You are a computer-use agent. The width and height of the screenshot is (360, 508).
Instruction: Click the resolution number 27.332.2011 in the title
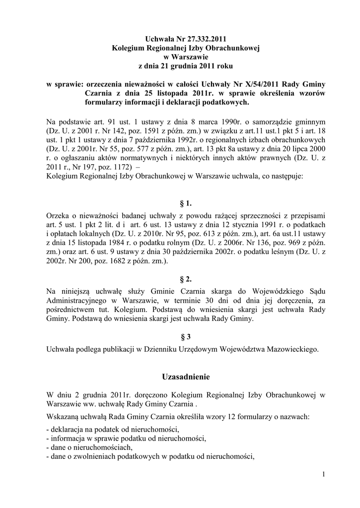point(201,38)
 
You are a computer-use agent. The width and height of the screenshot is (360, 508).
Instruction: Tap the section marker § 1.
point(186,203)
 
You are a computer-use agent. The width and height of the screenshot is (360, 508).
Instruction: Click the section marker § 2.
point(186,278)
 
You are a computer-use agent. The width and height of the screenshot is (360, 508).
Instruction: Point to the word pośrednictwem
point(71,310)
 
